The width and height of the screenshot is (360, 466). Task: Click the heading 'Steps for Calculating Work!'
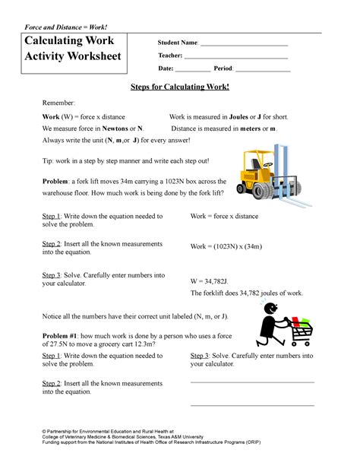pos(180,88)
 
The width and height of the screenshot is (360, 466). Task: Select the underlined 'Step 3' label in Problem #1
pos(200,355)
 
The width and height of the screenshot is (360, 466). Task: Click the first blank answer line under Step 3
pos(251,382)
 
